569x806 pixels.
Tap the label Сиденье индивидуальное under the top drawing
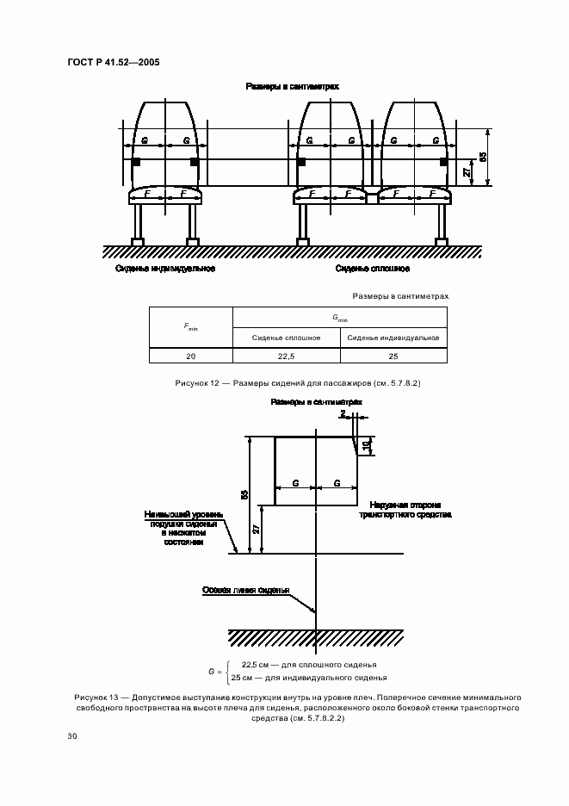click(165, 269)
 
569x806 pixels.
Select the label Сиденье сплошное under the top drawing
click(373, 269)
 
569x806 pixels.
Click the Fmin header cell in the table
click(191, 328)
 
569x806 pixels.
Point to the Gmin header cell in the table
click(340, 318)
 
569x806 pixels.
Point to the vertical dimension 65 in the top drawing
click(483, 157)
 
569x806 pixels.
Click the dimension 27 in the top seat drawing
click(467, 172)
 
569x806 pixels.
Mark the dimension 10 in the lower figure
click(368, 445)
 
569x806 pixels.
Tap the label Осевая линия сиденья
click(245, 591)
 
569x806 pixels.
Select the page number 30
click(72, 735)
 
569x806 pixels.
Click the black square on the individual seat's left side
click(135, 161)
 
